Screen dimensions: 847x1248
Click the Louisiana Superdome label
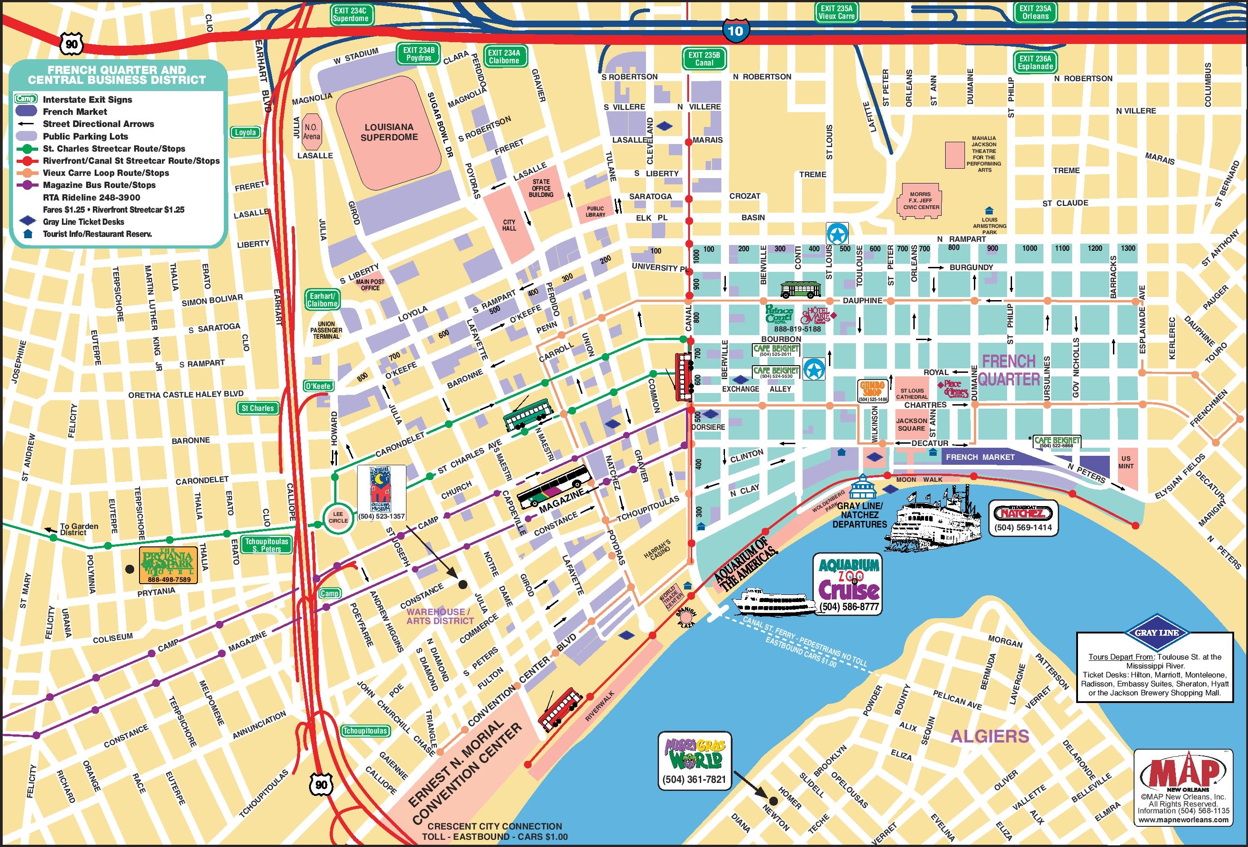[389, 132]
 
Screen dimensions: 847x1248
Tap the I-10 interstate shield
[735, 30]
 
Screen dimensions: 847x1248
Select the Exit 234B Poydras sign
[419, 54]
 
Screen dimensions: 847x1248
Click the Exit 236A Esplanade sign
[1035, 62]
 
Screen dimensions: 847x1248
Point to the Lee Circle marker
[338, 517]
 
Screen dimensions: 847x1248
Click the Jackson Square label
[911, 424]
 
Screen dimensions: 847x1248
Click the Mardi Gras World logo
[694, 754]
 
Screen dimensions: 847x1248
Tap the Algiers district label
[990, 736]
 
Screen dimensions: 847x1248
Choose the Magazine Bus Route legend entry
[99, 185]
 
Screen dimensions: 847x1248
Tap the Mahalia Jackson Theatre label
[983, 154]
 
